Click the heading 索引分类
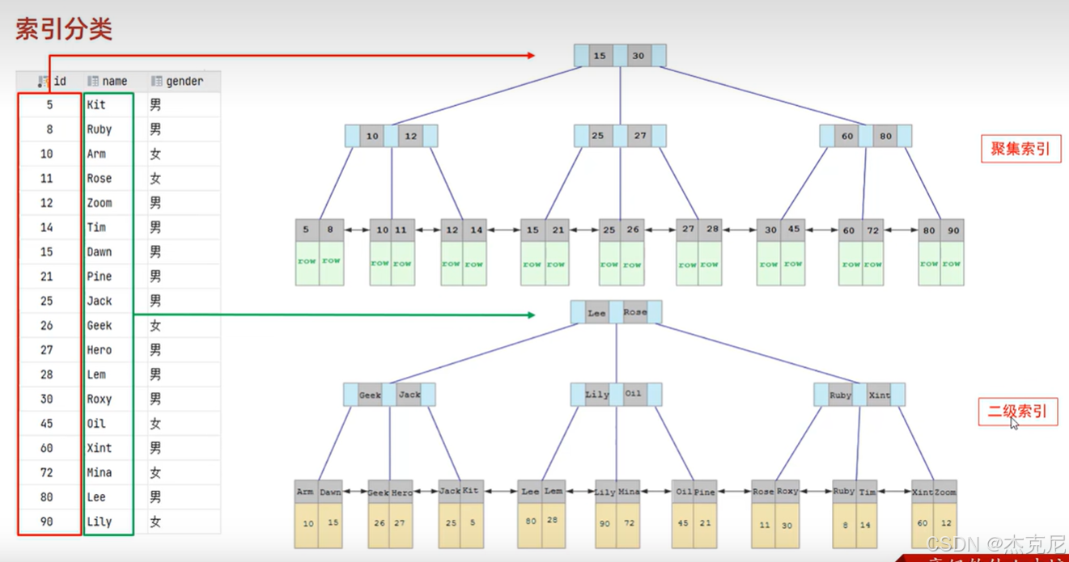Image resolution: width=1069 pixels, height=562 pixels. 64,30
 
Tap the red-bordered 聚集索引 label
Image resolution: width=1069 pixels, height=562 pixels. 1020,149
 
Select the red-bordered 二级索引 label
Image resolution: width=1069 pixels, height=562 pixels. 1018,412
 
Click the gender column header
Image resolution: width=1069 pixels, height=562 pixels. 184,81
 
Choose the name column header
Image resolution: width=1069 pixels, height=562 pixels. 114,81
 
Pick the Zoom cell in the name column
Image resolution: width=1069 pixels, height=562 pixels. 100,203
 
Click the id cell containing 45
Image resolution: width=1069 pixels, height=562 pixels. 47,424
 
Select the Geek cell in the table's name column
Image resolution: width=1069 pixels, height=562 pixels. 100,325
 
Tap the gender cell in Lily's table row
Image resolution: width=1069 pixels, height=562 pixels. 155,522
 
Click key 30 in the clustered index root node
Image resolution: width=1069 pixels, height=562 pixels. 638,56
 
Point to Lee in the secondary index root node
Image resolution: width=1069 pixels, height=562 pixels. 596,313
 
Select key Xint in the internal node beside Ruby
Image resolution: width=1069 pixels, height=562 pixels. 879,395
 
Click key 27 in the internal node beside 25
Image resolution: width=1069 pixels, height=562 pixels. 639,136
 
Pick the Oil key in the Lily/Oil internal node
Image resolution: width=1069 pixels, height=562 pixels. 633,395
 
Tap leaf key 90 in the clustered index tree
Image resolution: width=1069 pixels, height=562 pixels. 953,230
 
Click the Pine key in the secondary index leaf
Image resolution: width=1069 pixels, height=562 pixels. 704,492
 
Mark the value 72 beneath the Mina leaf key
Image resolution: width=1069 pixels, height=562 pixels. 628,523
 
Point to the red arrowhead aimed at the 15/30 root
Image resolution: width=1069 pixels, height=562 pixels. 530,56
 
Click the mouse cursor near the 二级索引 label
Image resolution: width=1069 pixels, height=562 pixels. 1014,423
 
